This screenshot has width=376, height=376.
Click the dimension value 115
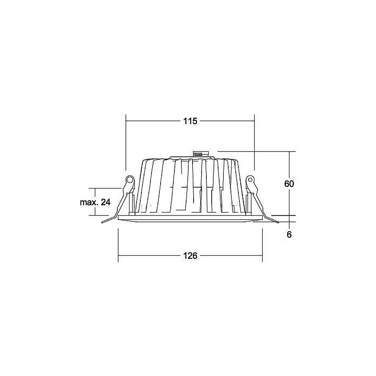[190, 121]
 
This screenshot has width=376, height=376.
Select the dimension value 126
[190, 256]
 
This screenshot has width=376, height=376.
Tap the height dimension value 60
[289, 184]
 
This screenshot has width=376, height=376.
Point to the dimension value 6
[289, 235]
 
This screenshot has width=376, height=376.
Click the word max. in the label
[89, 202]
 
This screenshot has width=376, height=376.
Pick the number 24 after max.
[106, 202]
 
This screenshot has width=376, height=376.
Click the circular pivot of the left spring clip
[130, 179]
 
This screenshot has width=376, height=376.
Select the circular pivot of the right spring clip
[250, 179]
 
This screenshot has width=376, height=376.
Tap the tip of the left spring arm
[102, 223]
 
